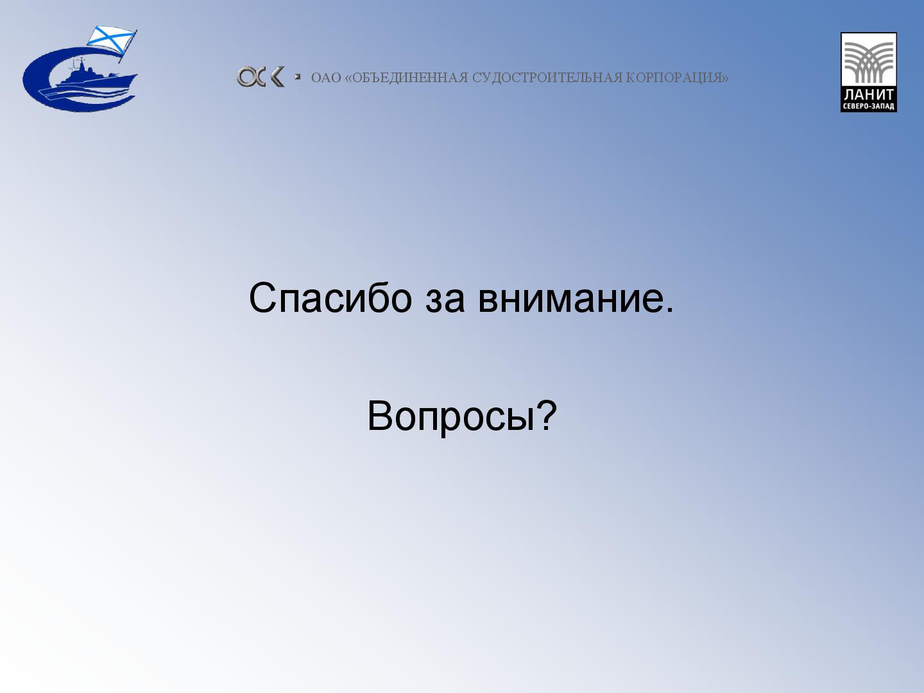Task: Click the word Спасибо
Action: (x=330, y=298)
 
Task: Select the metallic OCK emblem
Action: (x=260, y=77)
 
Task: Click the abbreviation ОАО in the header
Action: (x=326, y=78)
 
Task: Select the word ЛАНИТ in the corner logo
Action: (x=868, y=94)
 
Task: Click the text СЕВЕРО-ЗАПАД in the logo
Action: (x=868, y=107)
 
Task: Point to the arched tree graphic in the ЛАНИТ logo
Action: (x=868, y=62)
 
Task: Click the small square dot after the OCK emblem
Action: (x=298, y=76)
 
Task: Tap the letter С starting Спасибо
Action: (x=262, y=298)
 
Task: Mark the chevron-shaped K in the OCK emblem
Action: (x=277, y=77)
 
